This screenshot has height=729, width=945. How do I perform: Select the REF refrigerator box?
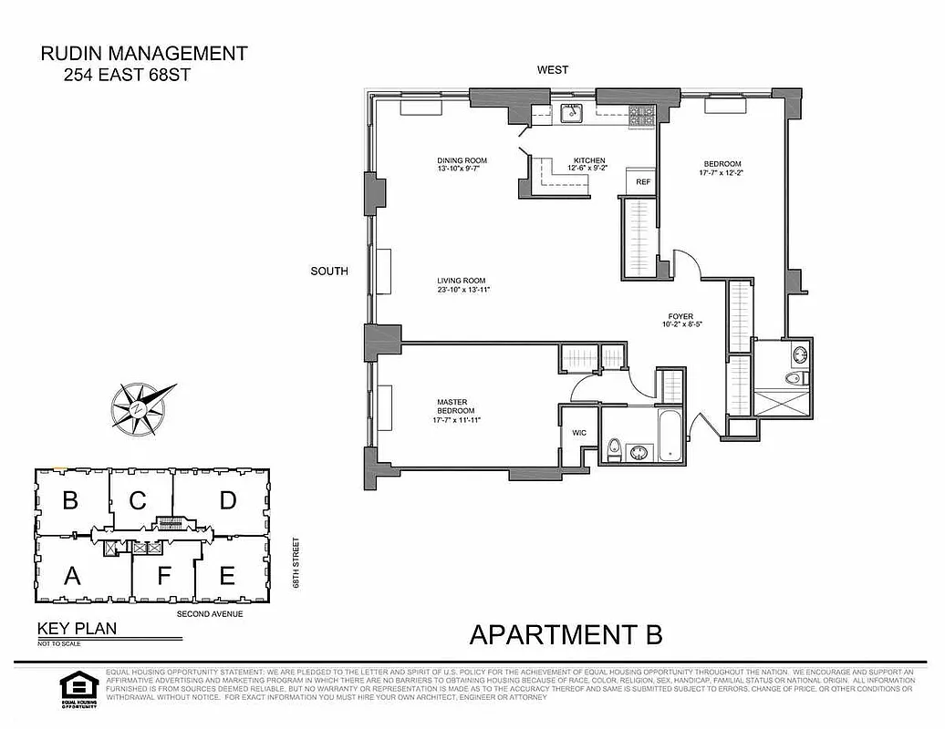point(643,182)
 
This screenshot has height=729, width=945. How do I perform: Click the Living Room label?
point(460,285)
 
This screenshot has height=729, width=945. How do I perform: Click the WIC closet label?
point(578,433)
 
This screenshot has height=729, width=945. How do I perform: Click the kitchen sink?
point(572,113)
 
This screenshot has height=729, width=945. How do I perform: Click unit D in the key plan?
point(227,500)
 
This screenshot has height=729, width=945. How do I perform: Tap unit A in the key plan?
point(70,575)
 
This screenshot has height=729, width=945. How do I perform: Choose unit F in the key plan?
point(163,576)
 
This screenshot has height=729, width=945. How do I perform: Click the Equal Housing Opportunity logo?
point(77,688)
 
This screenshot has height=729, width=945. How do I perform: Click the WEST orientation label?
point(553,70)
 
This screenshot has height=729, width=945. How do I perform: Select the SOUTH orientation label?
point(329,271)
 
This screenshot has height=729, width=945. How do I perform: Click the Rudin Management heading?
point(144,54)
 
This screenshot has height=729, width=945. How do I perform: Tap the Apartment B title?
point(566,633)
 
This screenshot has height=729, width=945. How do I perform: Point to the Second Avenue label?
point(209,614)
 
